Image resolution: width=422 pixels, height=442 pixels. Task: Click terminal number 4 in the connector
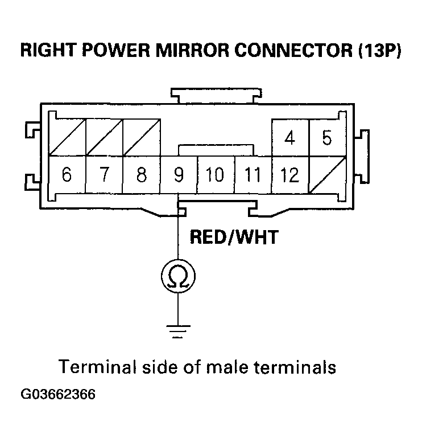(290, 138)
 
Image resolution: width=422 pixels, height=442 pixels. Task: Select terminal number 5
(326, 138)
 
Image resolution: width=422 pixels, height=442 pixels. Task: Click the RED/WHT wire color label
(234, 236)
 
